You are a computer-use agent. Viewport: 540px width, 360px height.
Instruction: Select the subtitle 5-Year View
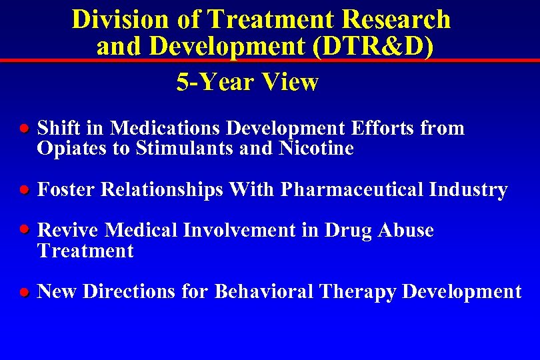(x=247, y=83)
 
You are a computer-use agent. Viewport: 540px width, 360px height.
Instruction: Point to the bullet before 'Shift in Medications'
(x=23, y=128)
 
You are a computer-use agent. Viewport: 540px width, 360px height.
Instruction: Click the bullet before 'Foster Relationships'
(x=23, y=190)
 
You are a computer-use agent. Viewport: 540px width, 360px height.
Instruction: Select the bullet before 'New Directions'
(x=23, y=292)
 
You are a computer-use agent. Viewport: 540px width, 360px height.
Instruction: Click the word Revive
(x=68, y=231)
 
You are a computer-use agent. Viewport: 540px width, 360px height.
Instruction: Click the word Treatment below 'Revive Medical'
(x=85, y=251)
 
